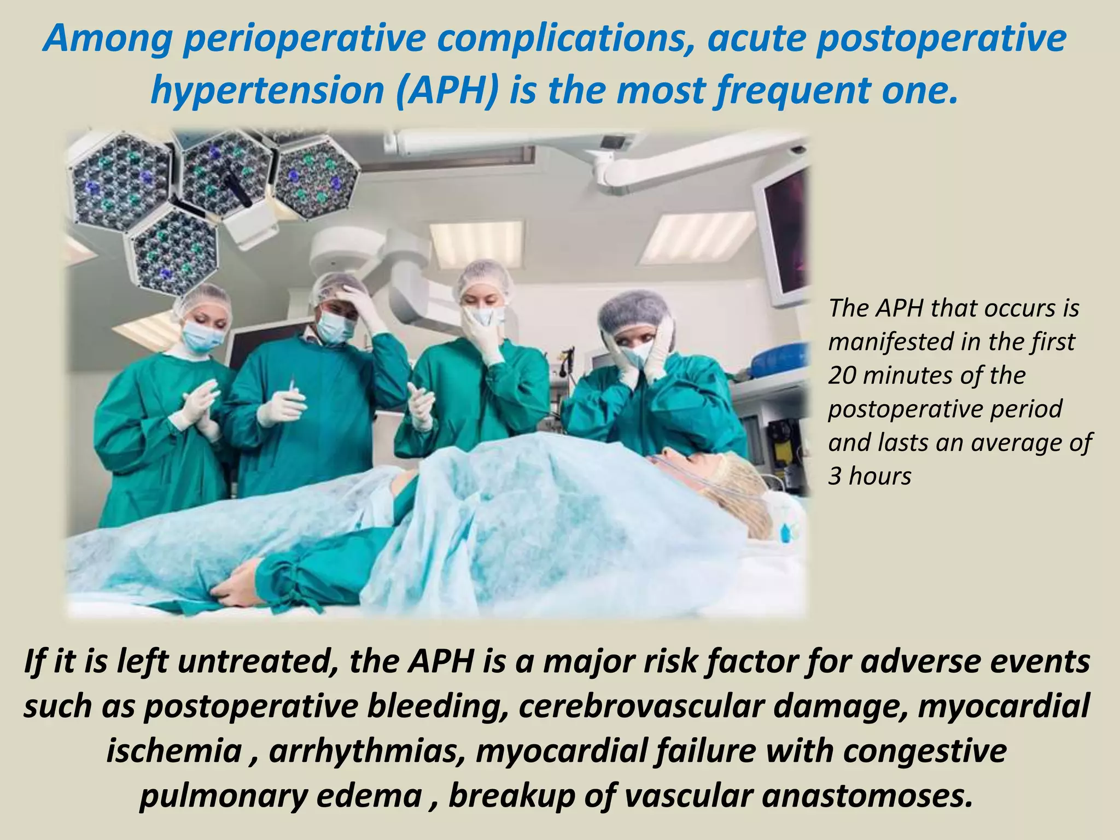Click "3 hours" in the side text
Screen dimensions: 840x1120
[870, 476]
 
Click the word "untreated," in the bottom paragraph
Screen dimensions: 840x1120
[256, 662]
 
